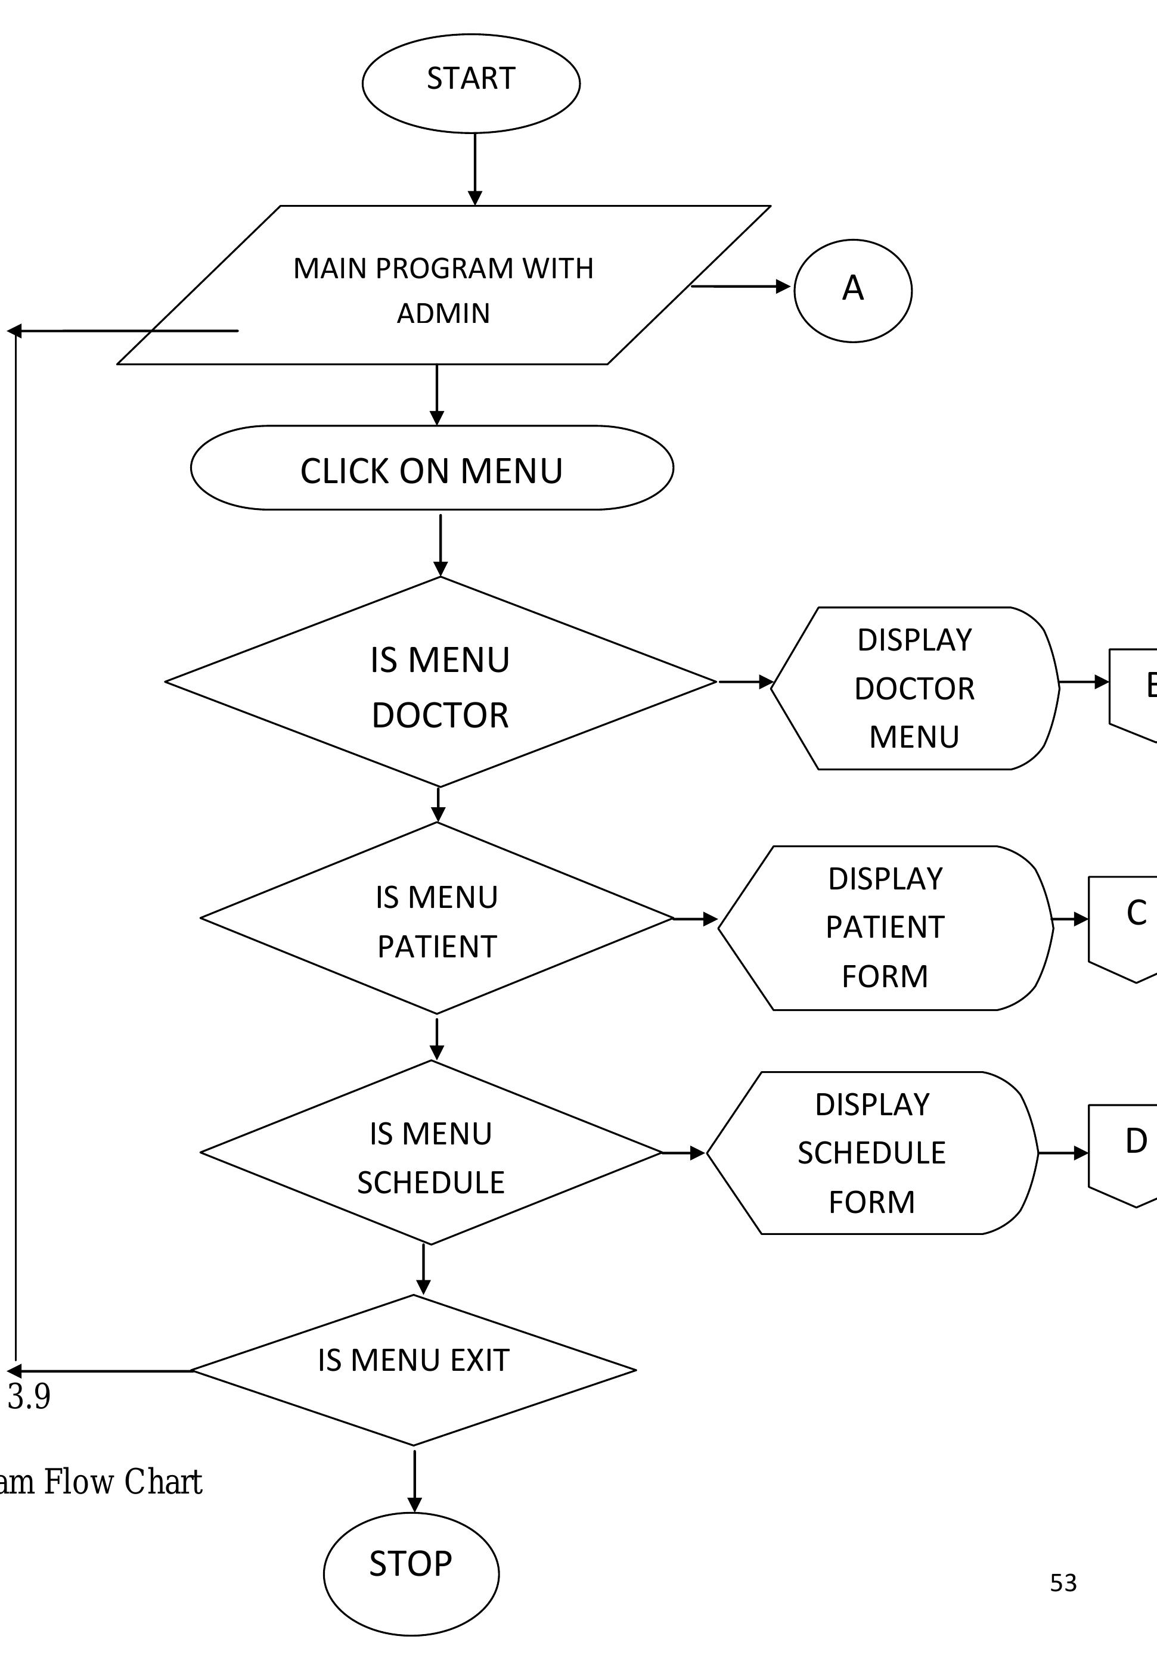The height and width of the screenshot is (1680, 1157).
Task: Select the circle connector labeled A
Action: tap(852, 291)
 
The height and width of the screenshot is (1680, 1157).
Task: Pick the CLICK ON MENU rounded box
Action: tap(432, 468)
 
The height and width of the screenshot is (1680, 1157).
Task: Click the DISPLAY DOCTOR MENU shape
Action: tap(914, 688)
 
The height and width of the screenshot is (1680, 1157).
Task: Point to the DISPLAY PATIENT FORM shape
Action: tap(885, 928)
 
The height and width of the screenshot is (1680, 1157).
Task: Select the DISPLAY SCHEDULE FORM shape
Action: tap(871, 1153)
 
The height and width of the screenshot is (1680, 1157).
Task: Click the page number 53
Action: tap(1063, 1583)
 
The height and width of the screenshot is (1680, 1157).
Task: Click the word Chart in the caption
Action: tap(163, 1482)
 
